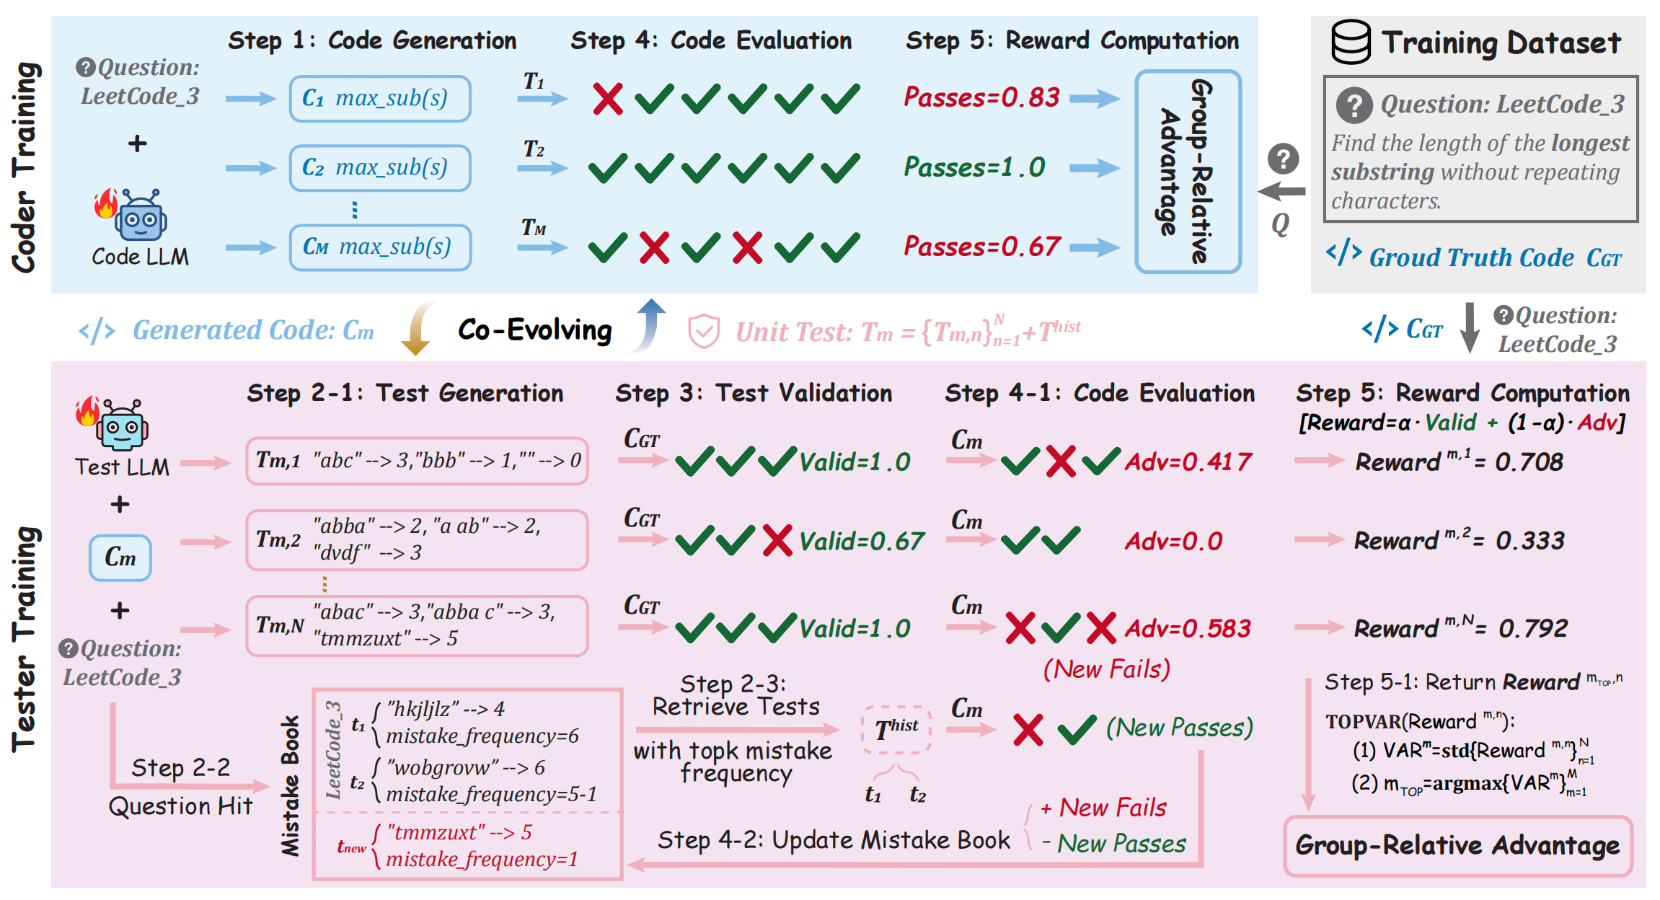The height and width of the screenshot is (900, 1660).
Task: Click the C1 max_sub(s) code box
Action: click(380, 98)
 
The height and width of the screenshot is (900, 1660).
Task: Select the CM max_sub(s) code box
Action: click(380, 247)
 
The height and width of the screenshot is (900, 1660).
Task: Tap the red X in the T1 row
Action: click(607, 99)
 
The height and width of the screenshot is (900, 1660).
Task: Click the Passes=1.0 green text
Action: click(974, 167)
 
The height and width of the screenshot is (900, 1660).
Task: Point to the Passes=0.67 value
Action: click(981, 247)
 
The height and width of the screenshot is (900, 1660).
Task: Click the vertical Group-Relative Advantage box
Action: click(1188, 172)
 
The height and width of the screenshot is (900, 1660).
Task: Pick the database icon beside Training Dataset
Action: click(1350, 42)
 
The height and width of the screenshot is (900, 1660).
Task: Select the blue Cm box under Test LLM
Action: click(120, 557)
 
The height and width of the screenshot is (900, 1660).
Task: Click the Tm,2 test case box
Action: click(417, 539)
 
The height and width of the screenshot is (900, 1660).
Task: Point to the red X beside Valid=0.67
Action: click(777, 541)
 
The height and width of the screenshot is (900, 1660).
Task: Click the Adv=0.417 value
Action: click(1188, 462)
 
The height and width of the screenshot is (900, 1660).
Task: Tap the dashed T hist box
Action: click(896, 729)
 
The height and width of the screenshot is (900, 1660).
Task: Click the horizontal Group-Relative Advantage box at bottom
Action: click(1457, 846)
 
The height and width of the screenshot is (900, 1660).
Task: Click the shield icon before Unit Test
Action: click(703, 331)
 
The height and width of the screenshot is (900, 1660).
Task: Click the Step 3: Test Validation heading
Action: click(753, 393)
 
